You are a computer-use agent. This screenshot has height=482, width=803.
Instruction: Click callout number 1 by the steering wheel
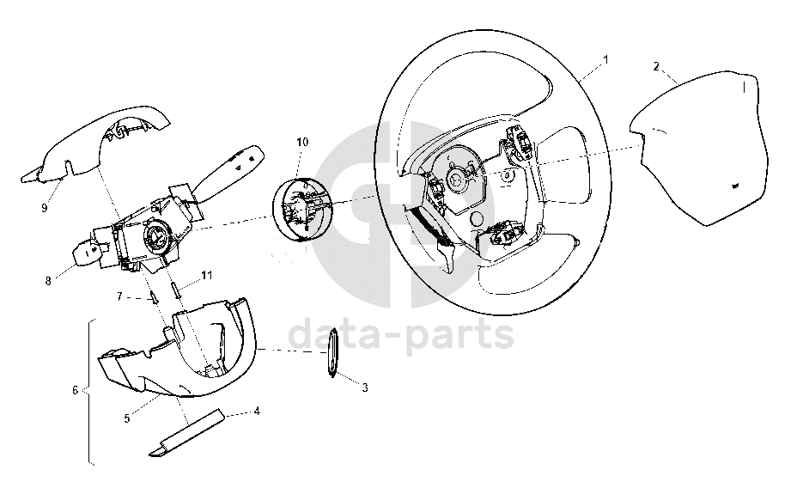(605, 59)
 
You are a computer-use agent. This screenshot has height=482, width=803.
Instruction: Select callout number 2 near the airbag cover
(656, 66)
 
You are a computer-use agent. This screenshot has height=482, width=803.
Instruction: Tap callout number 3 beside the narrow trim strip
(365, 388)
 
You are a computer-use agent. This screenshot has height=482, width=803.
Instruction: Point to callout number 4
(257, 411)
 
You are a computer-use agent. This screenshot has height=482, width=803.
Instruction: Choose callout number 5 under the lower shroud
(127, 418)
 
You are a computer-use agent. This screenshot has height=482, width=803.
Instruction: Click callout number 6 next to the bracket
(76, 390)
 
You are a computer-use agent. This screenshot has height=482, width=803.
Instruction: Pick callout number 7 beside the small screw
(120, 296)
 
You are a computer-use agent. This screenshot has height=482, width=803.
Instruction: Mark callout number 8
(48, 281)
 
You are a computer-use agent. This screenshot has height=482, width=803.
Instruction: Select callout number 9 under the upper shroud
(44, 207)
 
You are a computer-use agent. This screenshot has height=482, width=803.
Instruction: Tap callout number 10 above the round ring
(302, 142)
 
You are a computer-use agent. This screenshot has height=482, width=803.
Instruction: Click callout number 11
(206, 276)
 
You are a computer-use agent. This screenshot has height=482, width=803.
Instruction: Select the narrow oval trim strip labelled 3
(332, 352)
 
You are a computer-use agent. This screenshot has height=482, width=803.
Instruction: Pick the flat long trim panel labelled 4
(187, 432)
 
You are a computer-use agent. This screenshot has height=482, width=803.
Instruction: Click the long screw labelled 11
(175, 291)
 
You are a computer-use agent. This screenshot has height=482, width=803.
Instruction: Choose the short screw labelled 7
(152, 297)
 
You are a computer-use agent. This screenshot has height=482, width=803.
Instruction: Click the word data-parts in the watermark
(401, 333)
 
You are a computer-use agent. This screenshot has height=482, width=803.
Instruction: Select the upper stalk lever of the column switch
(230, 168)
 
